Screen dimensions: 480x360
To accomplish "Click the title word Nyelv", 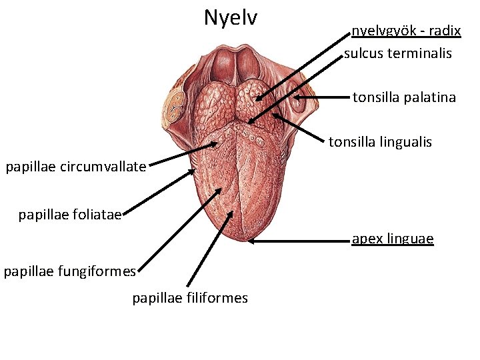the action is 230,17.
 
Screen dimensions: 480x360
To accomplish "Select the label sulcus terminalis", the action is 398,53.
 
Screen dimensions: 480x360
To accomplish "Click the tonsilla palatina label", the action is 404,97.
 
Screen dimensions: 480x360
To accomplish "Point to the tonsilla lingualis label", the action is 380,141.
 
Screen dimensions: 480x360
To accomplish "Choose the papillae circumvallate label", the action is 75,167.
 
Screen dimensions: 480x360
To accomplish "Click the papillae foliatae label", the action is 69,215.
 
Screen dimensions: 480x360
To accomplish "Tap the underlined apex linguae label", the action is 393,239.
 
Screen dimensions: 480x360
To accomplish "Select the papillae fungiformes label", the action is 69,271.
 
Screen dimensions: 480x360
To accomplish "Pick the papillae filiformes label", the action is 190,298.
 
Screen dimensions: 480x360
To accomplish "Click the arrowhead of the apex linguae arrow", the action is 249,241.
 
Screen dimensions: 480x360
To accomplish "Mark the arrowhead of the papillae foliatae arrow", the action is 195,170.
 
